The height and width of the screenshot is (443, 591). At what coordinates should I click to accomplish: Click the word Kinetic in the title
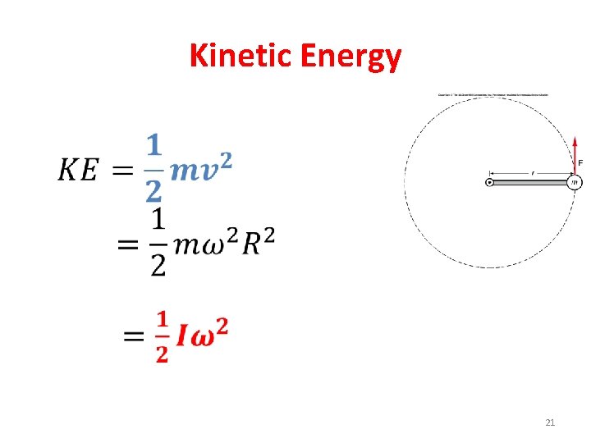241,56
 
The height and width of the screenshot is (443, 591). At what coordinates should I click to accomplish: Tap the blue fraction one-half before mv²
153,168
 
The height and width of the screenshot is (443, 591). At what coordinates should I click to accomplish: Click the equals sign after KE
123,171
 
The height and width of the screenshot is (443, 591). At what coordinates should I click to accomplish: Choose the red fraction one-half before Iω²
161,336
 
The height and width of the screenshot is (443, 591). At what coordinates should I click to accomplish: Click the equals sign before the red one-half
134,337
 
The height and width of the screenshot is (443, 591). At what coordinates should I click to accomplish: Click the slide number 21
550,422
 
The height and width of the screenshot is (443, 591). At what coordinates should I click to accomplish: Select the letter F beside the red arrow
581,163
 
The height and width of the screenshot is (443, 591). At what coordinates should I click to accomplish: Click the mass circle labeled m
575,182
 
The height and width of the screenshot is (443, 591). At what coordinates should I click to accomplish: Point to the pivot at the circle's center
490,182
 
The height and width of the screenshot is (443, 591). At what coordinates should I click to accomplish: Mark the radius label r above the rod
533,172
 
